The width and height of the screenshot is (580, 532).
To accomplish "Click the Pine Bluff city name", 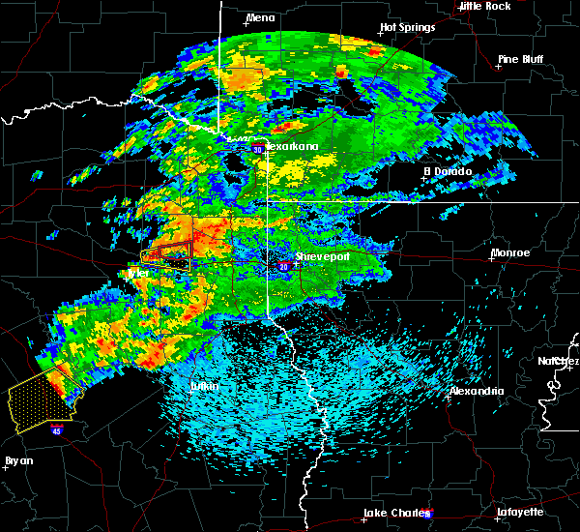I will [x=521, y=59].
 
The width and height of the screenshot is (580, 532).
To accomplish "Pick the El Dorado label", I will [x=447, y=171].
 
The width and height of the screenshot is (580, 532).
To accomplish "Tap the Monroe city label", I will [x=509, y=252].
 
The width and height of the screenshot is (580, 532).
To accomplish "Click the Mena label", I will [x=260, y=17].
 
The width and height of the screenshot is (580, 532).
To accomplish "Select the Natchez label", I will [x=560, y=361].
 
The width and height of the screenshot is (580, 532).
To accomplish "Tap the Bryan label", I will [x=18, y=460].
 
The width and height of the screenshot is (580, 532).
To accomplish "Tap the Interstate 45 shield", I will [x=57, y=428].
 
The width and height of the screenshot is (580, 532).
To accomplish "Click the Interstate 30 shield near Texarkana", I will [x=258, y=150].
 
